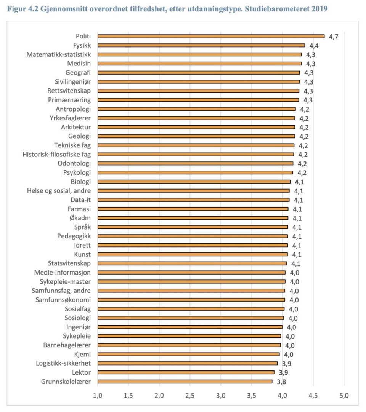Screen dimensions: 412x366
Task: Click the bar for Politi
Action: [211, 36]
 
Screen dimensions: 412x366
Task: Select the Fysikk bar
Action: [201, 45]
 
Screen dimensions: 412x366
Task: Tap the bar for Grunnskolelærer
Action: [185, 381]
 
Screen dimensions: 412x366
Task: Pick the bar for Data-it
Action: [193, 200]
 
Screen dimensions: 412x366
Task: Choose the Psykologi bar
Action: [195, 172]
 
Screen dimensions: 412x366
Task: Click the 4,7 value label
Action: [334, 37]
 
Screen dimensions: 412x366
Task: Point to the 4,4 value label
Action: [314, 46]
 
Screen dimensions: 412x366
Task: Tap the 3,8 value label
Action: [282, 382]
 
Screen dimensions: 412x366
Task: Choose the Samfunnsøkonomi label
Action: [63, 300]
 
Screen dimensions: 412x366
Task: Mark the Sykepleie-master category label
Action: [65, 281]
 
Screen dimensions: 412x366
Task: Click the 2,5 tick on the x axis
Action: [190, 396]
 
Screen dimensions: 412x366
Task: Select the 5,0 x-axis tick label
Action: [344, 396]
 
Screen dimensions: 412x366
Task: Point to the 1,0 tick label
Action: [98, 396]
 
